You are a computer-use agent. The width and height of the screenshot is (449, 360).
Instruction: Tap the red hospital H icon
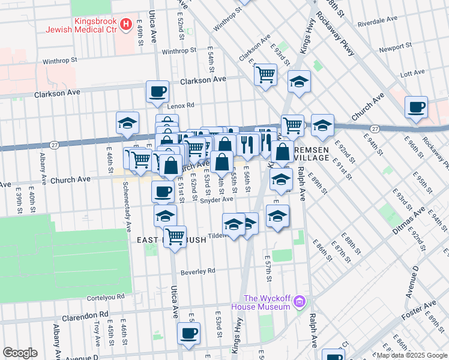point(126,25)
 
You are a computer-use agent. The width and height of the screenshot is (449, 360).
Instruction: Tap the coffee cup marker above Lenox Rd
point(157,91)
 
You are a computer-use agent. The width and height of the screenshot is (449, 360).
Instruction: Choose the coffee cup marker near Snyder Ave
point(162,191)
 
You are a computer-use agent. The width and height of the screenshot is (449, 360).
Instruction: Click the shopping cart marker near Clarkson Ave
point(265,74)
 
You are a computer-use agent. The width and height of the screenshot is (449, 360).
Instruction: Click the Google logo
point(20,353)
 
